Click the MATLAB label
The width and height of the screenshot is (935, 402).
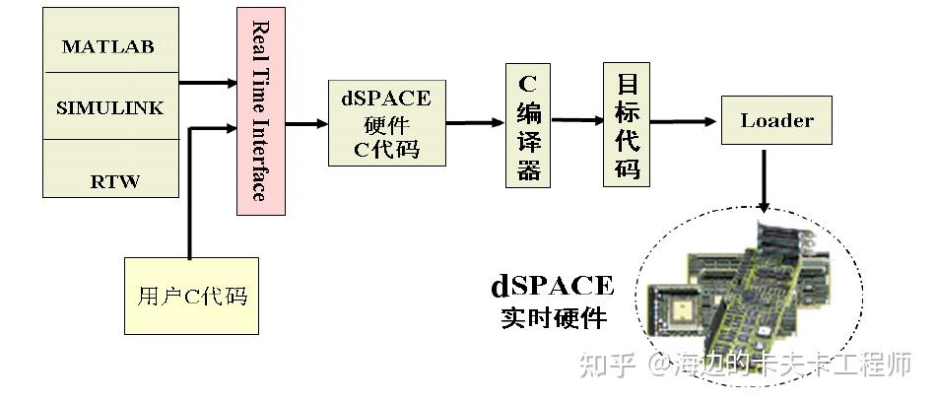pyautogui.click(x=107, y=46)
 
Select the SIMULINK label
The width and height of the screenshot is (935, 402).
pyautogui.click(x=109, y=107)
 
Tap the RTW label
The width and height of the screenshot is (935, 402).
pyautogui.click(x=115, y=181)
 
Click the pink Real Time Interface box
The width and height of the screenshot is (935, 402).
pyautogui.click(x=260, y=111)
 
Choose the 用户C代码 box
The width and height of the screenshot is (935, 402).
pyautogui.click(x=191, y=296)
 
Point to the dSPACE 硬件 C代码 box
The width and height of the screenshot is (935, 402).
pyautogui.click(x=385, y=123)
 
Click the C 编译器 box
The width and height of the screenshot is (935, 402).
pyautogui.click(x=528, y=124)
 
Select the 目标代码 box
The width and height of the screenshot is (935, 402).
pyautogui.click(x=627, y=124)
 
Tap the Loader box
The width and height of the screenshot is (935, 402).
pyautogui.click(x=776, y=121)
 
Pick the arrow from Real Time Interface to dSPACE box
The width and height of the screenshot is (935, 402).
pyautogui.click(x=306, y=124)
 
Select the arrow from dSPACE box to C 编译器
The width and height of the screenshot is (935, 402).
pyautogui.click(x=475, y=123)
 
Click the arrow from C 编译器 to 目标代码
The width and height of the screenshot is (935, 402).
pyautogui.click(x=577, y=120)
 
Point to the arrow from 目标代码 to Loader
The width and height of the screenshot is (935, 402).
pyautogui.click(x=684, y=122)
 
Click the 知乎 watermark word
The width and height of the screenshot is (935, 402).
pyautogui.click(x=604, y=367)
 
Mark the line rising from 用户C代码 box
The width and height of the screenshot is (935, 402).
pyautogui.click(x=188, y=197)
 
